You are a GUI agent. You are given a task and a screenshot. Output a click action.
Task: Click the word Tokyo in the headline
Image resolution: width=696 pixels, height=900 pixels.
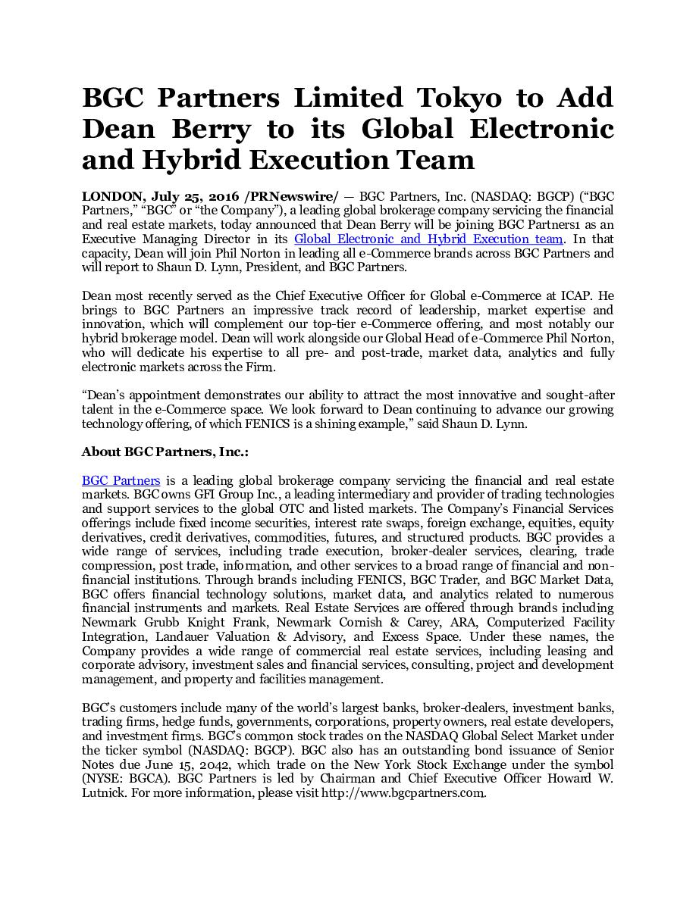point(459,98)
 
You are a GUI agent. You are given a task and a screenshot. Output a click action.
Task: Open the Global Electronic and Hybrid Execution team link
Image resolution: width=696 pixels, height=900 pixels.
point(428,239)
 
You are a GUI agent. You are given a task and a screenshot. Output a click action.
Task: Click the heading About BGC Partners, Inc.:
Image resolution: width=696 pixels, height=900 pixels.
point(165,452)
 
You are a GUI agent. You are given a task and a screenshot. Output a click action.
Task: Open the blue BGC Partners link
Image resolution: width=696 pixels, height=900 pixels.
point(121,480)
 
